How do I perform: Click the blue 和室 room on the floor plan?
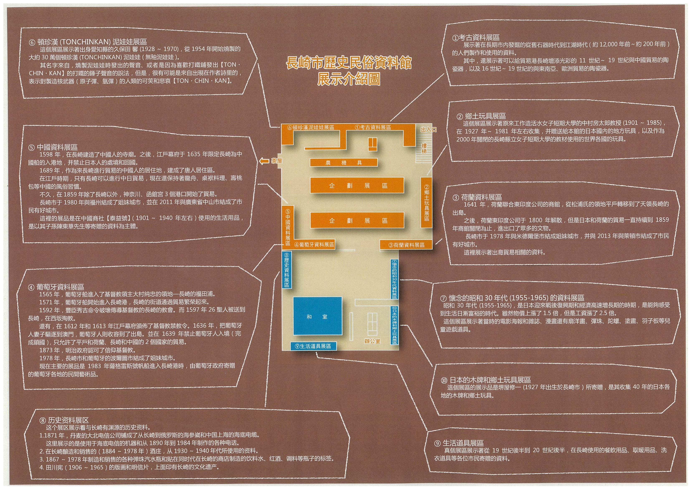click(318, 316)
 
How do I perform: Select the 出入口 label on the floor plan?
click(428, 130)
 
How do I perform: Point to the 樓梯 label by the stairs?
click(424, 148)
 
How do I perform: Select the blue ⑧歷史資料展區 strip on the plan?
click(286, 270)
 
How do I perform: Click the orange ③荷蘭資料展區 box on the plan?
click(406, 245)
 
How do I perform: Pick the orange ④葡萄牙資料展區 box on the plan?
click(314, 244)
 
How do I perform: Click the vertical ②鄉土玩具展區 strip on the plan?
click(426, 203)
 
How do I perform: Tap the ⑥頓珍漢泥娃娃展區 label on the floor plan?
click(311, 127)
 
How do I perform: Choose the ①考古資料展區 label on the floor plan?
click(373, 127)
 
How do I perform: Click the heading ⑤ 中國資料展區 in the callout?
click(53, 147)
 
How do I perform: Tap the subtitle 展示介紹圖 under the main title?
click(348, 79)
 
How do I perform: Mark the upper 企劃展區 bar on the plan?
click(357, 185)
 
